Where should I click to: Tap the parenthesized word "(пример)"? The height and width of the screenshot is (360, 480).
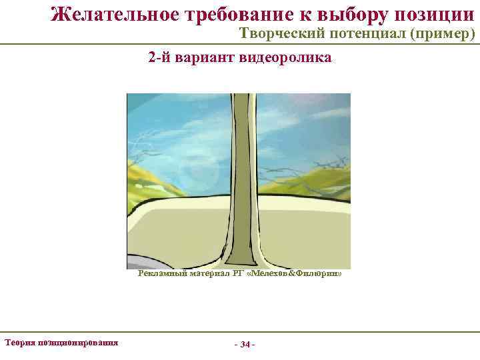coord(443,34)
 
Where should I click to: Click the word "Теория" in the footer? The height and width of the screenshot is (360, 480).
coord(20,342)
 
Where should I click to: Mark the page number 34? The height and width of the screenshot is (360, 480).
coord(245,345)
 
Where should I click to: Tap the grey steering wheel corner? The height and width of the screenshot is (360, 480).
coord(137,262)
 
